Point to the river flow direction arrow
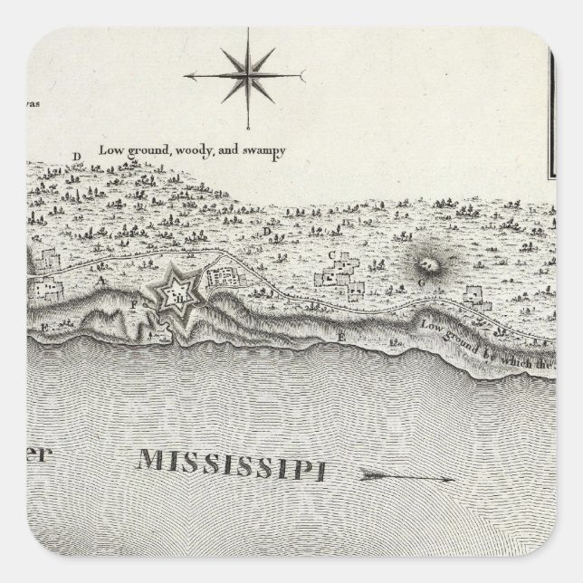coord(405,473)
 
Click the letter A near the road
coord(101,282)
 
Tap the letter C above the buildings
coord(331,254)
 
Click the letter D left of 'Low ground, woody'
coord(77,157)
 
